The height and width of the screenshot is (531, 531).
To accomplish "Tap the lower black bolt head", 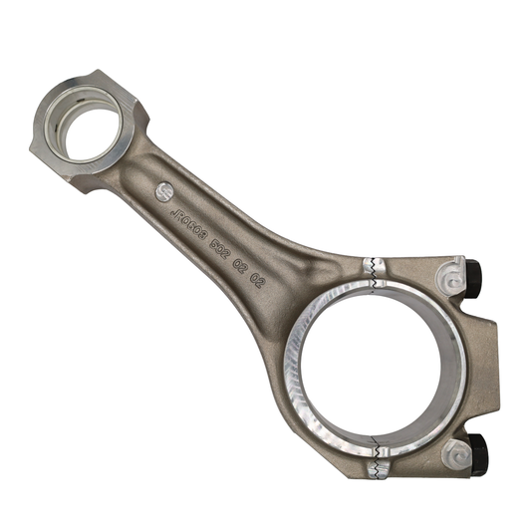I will (475, 454).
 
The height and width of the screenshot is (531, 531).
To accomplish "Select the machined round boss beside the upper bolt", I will (451, 272).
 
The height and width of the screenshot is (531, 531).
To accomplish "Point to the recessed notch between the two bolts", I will (488, 365).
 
